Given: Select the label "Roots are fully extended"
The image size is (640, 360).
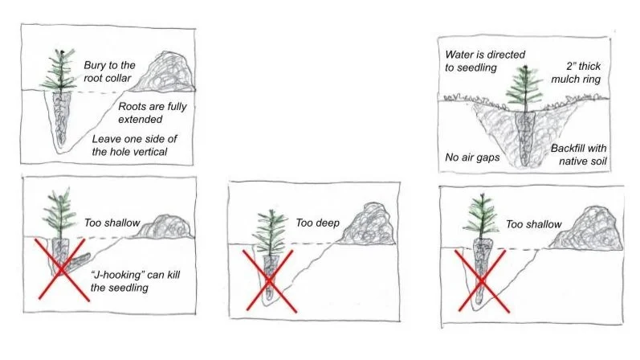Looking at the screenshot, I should (x=149, y=112).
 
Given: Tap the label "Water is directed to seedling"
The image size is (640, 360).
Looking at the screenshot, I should (x=485, y=61).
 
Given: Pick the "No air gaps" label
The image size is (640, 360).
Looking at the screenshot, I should (x=473, y=157).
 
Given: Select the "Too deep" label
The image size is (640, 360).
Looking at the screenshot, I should (x=316, y=223).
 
